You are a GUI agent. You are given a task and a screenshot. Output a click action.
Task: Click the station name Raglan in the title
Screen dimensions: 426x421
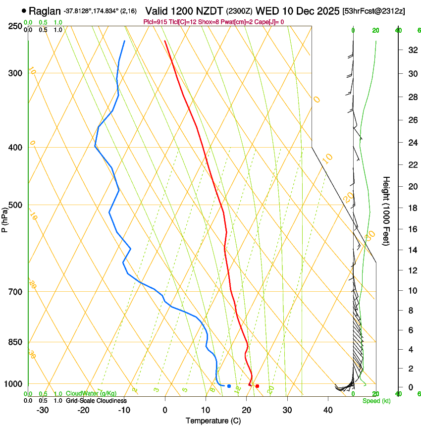44,10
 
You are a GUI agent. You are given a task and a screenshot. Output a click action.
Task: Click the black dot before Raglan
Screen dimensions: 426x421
24,10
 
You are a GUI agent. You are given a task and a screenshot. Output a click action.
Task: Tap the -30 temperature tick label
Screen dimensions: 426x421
43,410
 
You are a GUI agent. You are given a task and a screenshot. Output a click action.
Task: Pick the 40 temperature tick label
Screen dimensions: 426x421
327,410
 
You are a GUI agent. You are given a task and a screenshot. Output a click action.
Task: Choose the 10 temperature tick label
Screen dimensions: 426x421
206,410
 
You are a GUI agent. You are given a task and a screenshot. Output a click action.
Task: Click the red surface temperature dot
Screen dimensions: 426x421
257,386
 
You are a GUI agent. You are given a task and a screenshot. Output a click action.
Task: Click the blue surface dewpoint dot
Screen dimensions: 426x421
229,386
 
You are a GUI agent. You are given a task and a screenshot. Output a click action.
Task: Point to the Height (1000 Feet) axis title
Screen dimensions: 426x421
387,211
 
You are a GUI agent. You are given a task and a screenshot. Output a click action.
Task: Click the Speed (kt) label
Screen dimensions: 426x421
376,401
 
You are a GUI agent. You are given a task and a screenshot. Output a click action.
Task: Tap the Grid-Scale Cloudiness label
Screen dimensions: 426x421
96,400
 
